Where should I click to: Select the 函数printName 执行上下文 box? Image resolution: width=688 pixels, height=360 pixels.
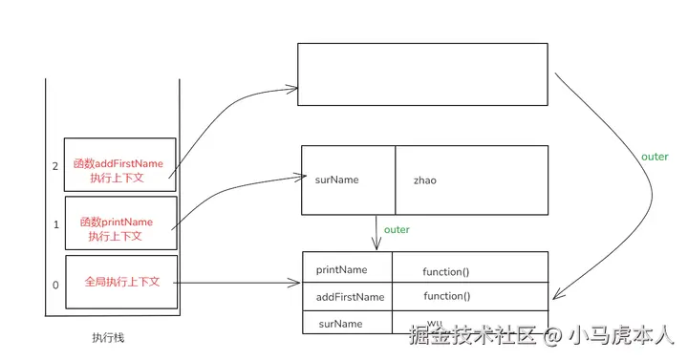pyautogui.click(x=120, y=222)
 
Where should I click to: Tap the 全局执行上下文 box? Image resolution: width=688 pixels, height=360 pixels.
pyautogui.click(x=121, y=282)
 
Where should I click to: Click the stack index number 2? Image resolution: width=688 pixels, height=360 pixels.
pyautogui.click(x=55, y=165)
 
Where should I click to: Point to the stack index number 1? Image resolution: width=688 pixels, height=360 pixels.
pyautogui.click(x=55, y=224)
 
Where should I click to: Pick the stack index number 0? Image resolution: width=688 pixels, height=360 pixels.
pyautogui.click(x=55, y=285)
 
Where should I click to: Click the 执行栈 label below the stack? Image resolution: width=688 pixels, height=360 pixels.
pyautogui.click(x=107, y=337)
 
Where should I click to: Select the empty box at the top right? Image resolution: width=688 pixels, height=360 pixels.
pyautogui.click(x=422, y=74)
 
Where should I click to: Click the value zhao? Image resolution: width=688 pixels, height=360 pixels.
pyautogui.click(x=424, y=180)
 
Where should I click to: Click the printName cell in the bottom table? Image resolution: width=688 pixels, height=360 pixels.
pyautogui.click(x=341, y=270)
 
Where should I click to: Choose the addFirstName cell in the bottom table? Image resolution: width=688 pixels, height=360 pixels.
pyautogui.click(x=350, y=297)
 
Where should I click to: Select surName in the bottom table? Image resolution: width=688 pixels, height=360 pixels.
pyautogui.click(x=340, y=324)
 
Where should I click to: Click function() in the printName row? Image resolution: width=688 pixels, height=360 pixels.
pyautogui.click(x=446, y=271)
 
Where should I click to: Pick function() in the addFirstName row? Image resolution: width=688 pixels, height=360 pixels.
pyautogui.click(x=446, y=296)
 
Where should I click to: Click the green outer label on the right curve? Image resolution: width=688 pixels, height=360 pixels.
pyautogui.click(x=655, y=157)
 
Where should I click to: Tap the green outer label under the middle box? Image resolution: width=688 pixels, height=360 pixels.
pyautogui.click(x=397, y=230)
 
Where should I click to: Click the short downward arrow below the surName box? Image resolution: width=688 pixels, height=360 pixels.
pyautogui.click(x=377, y=233)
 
